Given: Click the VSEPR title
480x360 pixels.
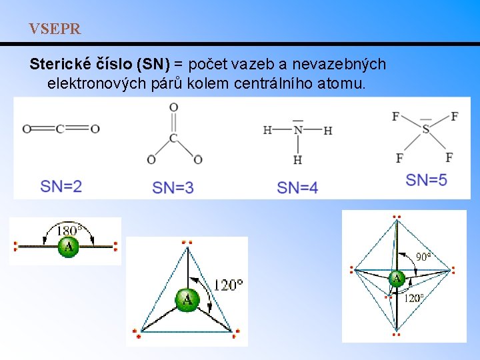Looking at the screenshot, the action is click(x=55, y=29).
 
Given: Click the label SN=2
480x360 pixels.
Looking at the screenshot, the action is click(x=61, y=186).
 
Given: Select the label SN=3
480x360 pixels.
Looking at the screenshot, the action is click(x=173, y=187).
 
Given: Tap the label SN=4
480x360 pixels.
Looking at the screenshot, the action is click(x=297, y=187).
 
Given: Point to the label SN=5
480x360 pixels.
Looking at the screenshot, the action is click(x=427, y=179).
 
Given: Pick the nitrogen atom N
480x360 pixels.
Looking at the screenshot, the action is click(x=298, y=130).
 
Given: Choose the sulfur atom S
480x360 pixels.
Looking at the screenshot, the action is click(x=425, y=129).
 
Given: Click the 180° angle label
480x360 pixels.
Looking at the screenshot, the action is click(x=69, y=231).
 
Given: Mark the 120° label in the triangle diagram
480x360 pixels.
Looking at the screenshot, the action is click(x=228, y=285).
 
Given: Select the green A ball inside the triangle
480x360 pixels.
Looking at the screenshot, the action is click(x=187, y=299).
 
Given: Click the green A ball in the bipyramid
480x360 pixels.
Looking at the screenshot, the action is click(x=397, y=278).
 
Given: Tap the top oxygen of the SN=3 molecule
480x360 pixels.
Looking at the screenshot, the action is click(x=173, y=107).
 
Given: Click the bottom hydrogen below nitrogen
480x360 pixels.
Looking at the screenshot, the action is click(x=297, y=159).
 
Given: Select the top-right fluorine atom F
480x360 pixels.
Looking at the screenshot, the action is click(x=454, y=117).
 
